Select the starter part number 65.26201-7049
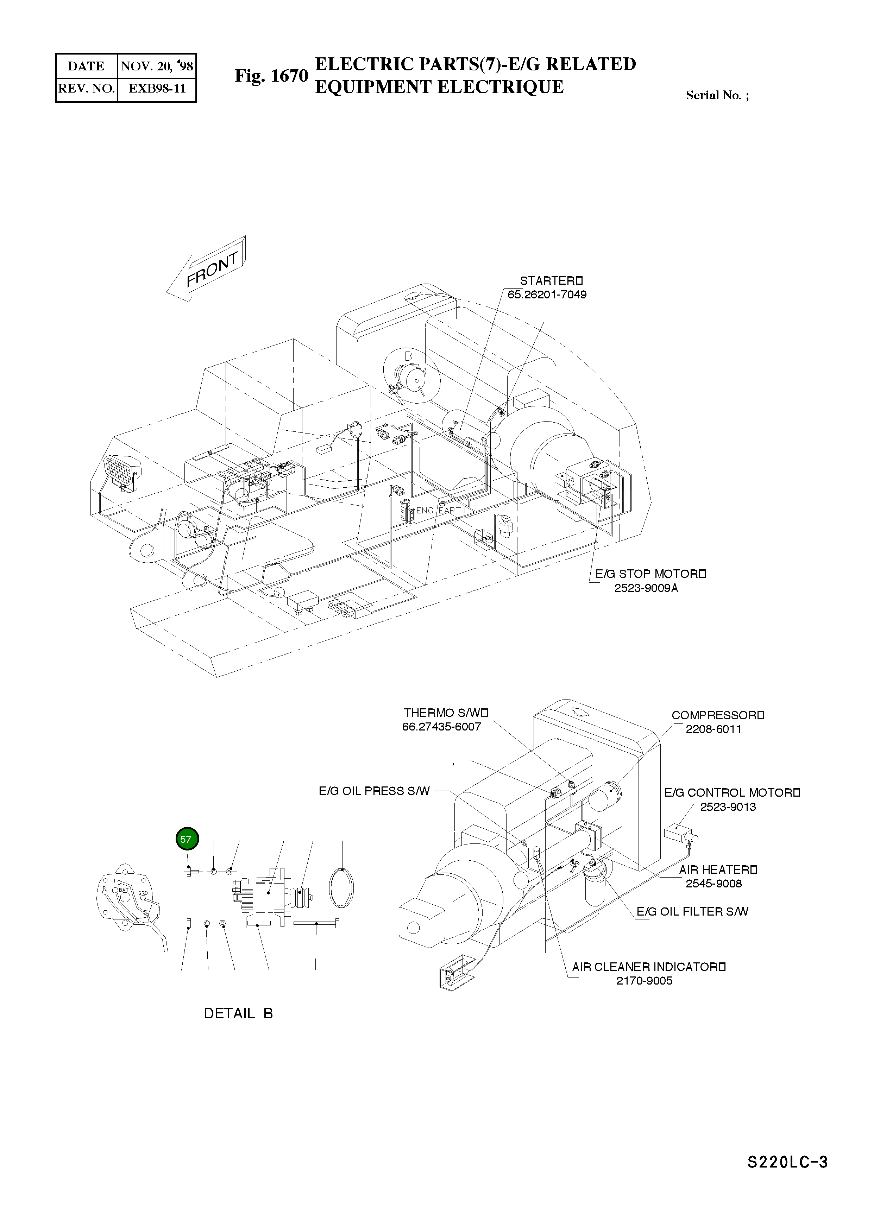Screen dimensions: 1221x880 coord(547,295)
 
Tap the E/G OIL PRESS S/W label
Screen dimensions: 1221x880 coord(374,791)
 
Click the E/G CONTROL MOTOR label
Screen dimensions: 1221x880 coord(732,793)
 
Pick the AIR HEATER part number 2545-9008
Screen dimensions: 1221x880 coord(713,884)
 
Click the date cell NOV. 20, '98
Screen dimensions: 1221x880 coord(156,67)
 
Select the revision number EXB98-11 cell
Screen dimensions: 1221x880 coord(156,89)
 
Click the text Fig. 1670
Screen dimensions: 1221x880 coord(271,76)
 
